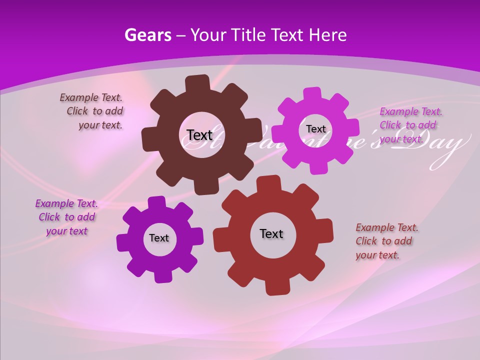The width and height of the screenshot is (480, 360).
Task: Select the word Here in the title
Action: (x=327, y=35)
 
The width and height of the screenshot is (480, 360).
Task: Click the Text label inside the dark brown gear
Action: (x=199, y=135)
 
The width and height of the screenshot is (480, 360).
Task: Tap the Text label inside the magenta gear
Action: (x=315, y=129)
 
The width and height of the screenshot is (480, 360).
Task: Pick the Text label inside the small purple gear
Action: (x=159, y=238)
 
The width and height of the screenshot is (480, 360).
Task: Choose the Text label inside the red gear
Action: (x=271, y=233)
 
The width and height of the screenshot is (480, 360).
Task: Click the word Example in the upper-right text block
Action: (x=396, y=111)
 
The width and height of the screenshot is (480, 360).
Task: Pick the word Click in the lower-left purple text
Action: (x=49, y=217)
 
